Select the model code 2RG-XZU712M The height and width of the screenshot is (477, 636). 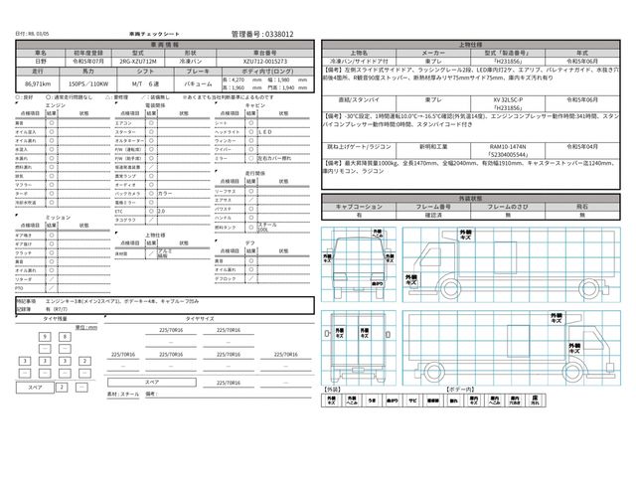(141, 62)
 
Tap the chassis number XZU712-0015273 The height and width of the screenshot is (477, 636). (268, 62)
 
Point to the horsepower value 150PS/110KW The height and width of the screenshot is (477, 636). (86, 88)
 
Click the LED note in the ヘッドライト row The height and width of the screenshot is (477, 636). (265, 131)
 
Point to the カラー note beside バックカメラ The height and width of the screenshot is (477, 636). (165, 193)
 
